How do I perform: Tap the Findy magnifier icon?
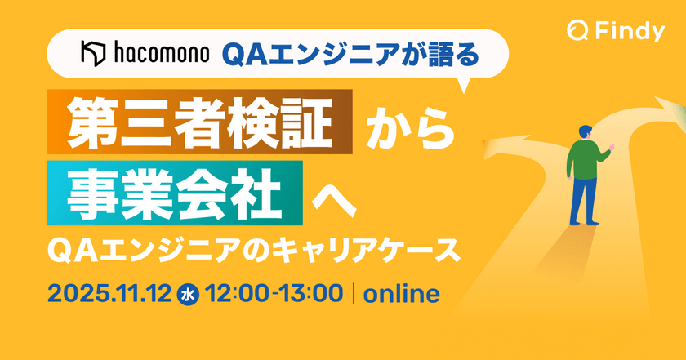coord(577,31)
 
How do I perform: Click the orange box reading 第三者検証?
coord(201,123)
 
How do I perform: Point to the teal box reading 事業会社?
coord(175,193)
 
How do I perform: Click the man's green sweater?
coord(584,157)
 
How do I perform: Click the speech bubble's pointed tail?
coord(466,85)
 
